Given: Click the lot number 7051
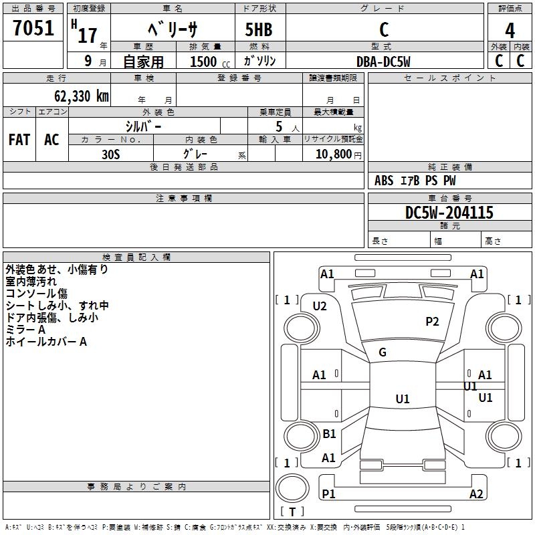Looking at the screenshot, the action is pos(33,27).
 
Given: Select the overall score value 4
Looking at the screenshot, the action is pos(510,30).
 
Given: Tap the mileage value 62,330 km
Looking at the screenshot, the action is pos(82,96).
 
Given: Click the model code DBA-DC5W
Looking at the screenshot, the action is pos(383,62).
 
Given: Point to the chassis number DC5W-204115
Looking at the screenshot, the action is pos(449,213).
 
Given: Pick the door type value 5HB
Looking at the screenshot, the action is pos(259,29).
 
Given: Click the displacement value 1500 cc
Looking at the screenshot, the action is pos(210,62).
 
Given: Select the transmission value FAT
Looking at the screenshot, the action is pos(19,140).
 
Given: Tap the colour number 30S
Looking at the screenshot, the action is pos(111,154).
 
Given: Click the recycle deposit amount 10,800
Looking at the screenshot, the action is pos(334,154).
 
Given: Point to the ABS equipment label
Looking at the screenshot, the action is pos(384,181).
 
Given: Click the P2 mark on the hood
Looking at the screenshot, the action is pos(432,322).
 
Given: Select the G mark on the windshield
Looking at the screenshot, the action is pos(383,352).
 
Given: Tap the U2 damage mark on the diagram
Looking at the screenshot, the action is pos(320,306).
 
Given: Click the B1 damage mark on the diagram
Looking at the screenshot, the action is pos(329,433).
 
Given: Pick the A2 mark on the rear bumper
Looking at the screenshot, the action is pos(476,494).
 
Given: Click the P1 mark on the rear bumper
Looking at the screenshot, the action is pos(328,494).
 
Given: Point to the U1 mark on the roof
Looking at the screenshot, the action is pos(403,399).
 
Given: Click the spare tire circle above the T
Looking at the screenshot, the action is pos(292,488).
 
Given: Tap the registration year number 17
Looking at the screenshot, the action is pos(88,35).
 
